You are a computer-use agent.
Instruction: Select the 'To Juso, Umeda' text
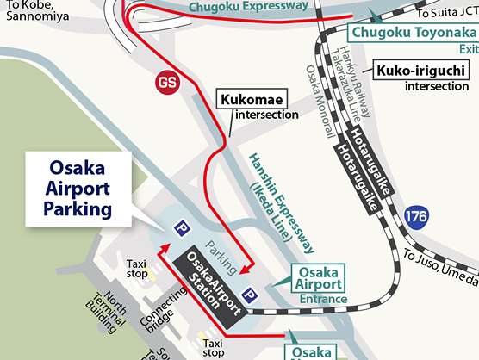click(x=439, y=266)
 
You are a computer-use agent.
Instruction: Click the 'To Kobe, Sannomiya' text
click(x=31, y=9)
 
